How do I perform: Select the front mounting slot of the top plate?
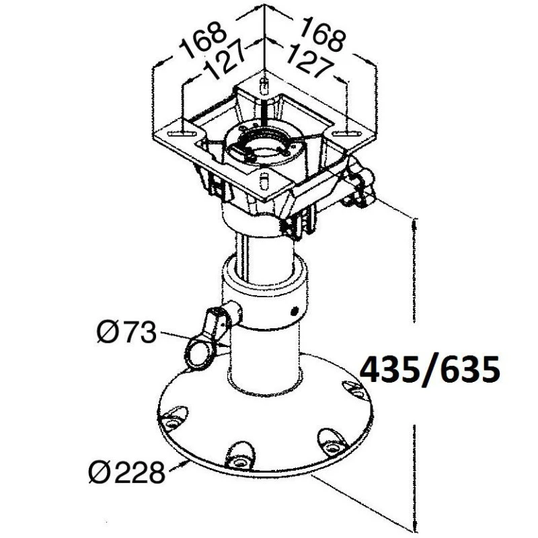coord(264,180)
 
